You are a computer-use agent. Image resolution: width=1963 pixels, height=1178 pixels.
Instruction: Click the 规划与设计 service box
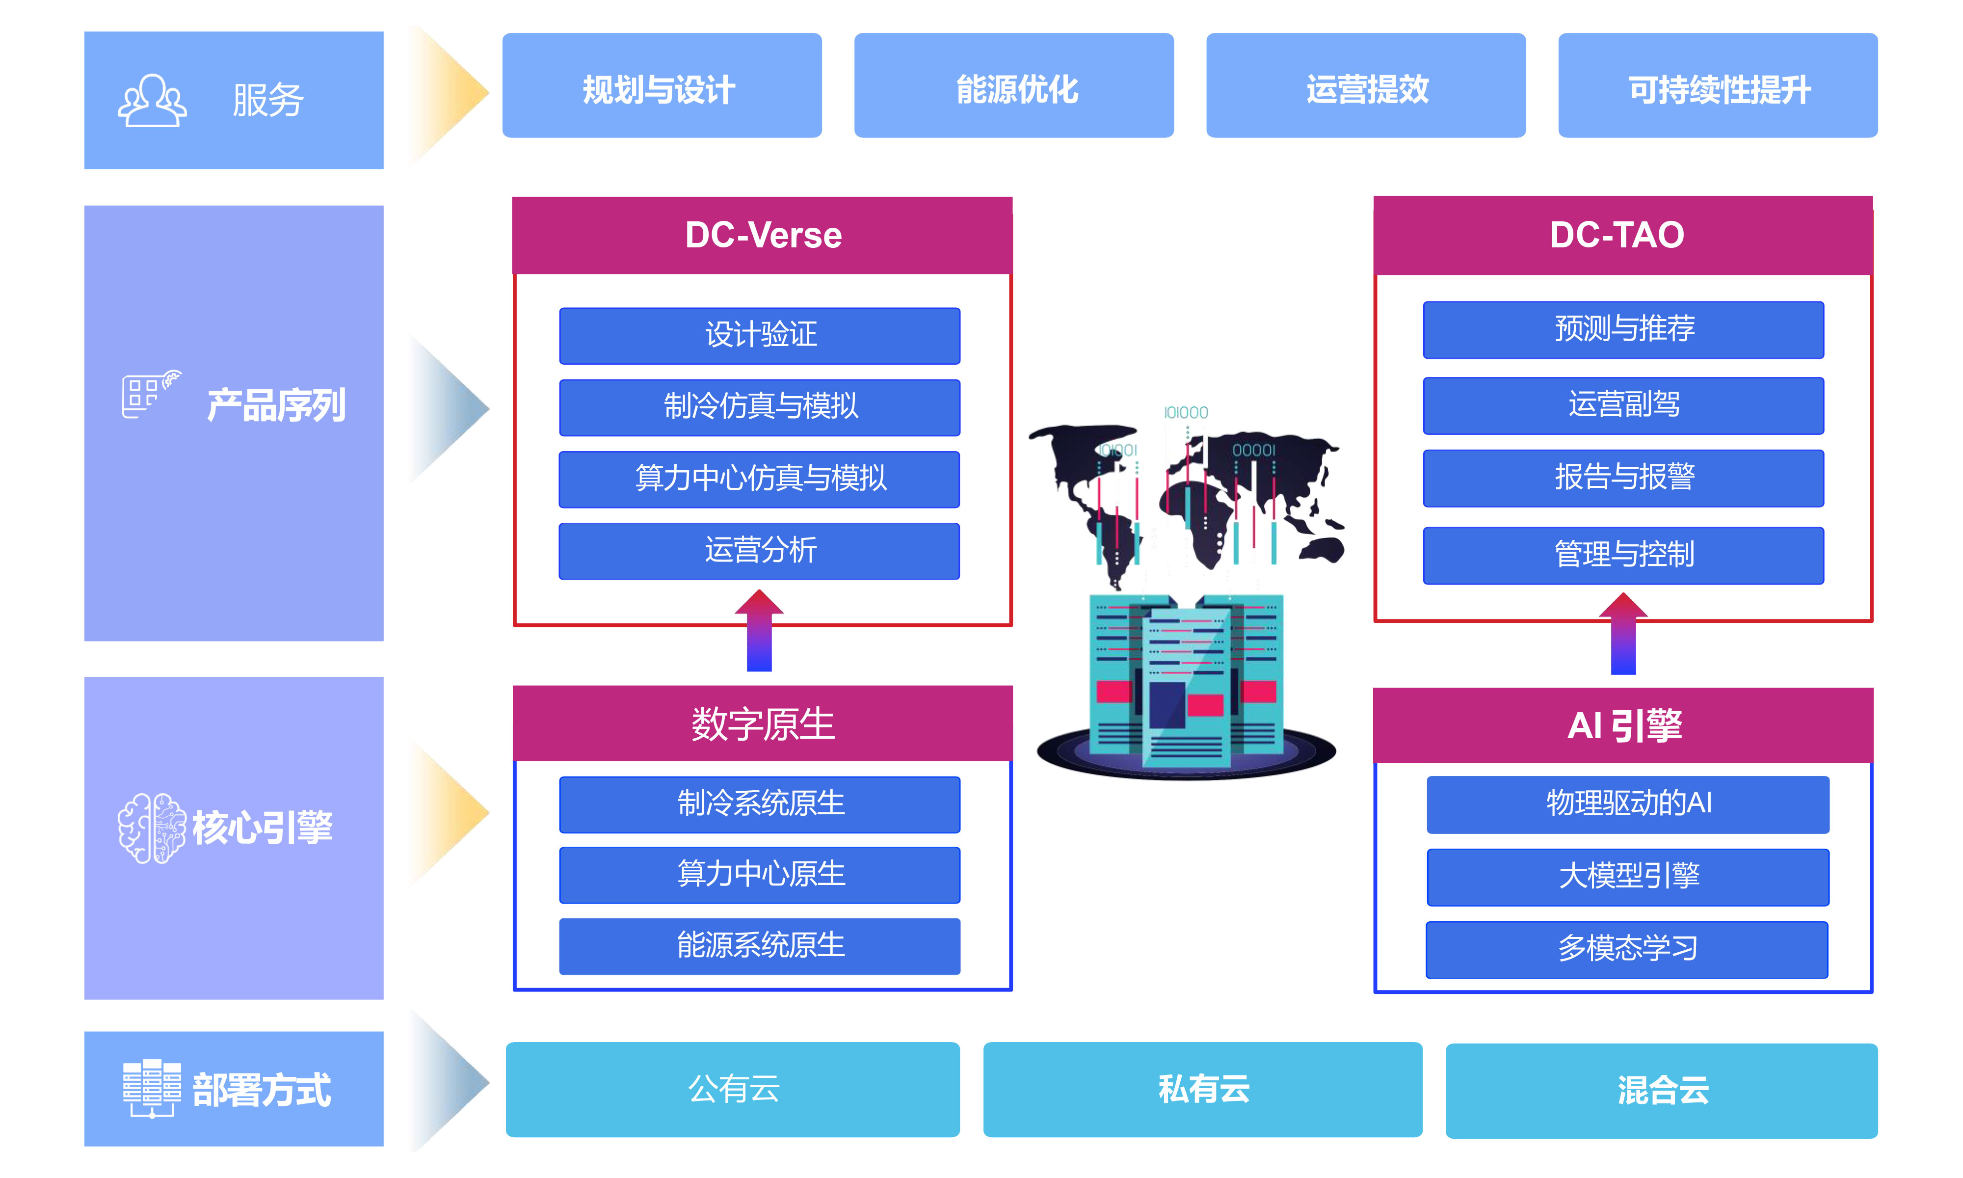pos(661,86)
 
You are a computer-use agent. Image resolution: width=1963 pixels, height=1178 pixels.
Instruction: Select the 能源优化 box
pos(1013,86)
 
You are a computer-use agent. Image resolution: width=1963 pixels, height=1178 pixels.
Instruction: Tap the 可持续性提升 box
pos(1717,86)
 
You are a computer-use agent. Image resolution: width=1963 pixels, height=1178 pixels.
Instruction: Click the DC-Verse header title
pos(763,236)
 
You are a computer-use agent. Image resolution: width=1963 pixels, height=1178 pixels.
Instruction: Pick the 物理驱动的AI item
pos(1627,804)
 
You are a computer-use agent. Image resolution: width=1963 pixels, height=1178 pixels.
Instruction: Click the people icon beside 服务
pos(152,101)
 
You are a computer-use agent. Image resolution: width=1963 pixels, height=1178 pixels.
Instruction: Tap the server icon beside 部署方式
pos(152,1088)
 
